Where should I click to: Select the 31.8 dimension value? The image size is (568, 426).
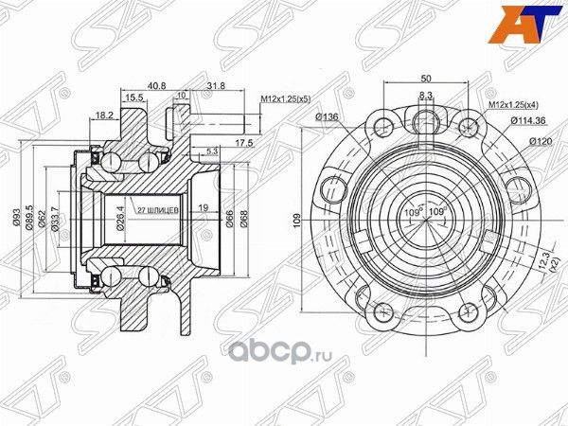tap(215, 83)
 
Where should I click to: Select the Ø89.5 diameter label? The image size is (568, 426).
tap(31, 217)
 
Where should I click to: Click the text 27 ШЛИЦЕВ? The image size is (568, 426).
tap(156, 210)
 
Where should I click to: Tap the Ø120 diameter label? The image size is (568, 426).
tap(541, 140)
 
